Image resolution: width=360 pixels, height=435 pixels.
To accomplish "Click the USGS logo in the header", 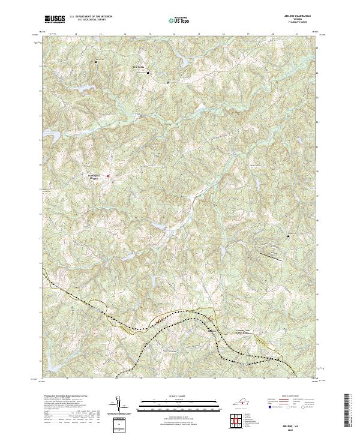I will click(55, 19).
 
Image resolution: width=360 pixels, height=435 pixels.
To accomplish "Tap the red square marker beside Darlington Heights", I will click(107, 176).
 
